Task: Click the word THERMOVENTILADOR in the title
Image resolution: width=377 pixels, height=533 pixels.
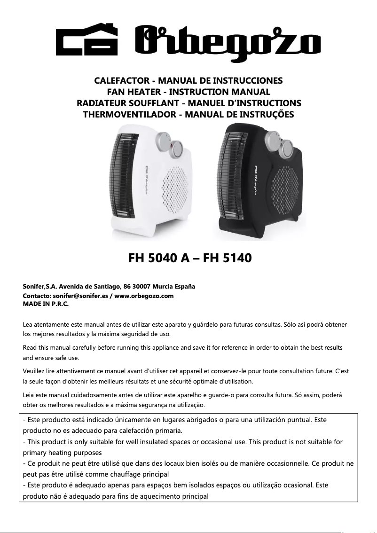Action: pos(128,114)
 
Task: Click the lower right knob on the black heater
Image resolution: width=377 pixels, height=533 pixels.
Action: pos(287,150)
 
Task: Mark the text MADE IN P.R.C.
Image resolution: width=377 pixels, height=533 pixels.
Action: pos(46,304)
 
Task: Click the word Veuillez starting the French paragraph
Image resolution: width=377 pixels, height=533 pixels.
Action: pos(35,371)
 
